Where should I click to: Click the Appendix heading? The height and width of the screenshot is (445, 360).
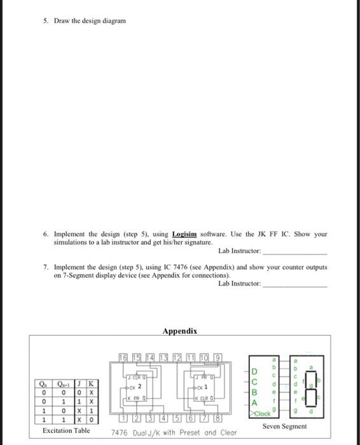click(x=179, y=331)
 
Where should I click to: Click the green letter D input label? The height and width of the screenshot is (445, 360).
click(x=254, y=371)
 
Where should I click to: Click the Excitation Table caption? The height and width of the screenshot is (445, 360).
click(x=66, y=431)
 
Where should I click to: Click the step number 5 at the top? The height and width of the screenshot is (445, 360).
click(x=46, y=20)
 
